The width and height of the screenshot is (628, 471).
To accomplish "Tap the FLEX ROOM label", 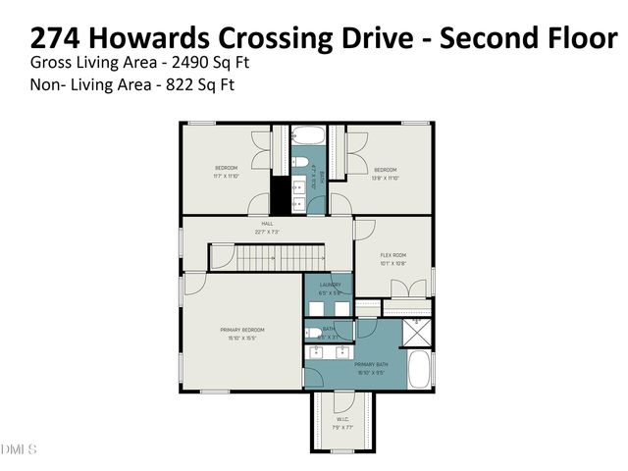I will click(x=393, y=255).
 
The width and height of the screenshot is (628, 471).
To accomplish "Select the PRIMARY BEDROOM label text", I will click(x=240, y=330).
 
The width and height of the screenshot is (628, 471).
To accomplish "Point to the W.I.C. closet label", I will click(x=342, y=421).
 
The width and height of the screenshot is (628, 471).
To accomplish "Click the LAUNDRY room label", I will click(x=330, y=285).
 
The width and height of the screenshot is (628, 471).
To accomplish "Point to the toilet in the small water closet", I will click(x=316, y=333).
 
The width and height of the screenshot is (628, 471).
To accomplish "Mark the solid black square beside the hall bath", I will click(x=281, y=195).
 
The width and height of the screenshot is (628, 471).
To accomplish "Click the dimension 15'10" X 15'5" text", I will click(x=240, y=338).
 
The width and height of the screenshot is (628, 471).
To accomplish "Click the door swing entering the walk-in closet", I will click(x=343, y=400).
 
